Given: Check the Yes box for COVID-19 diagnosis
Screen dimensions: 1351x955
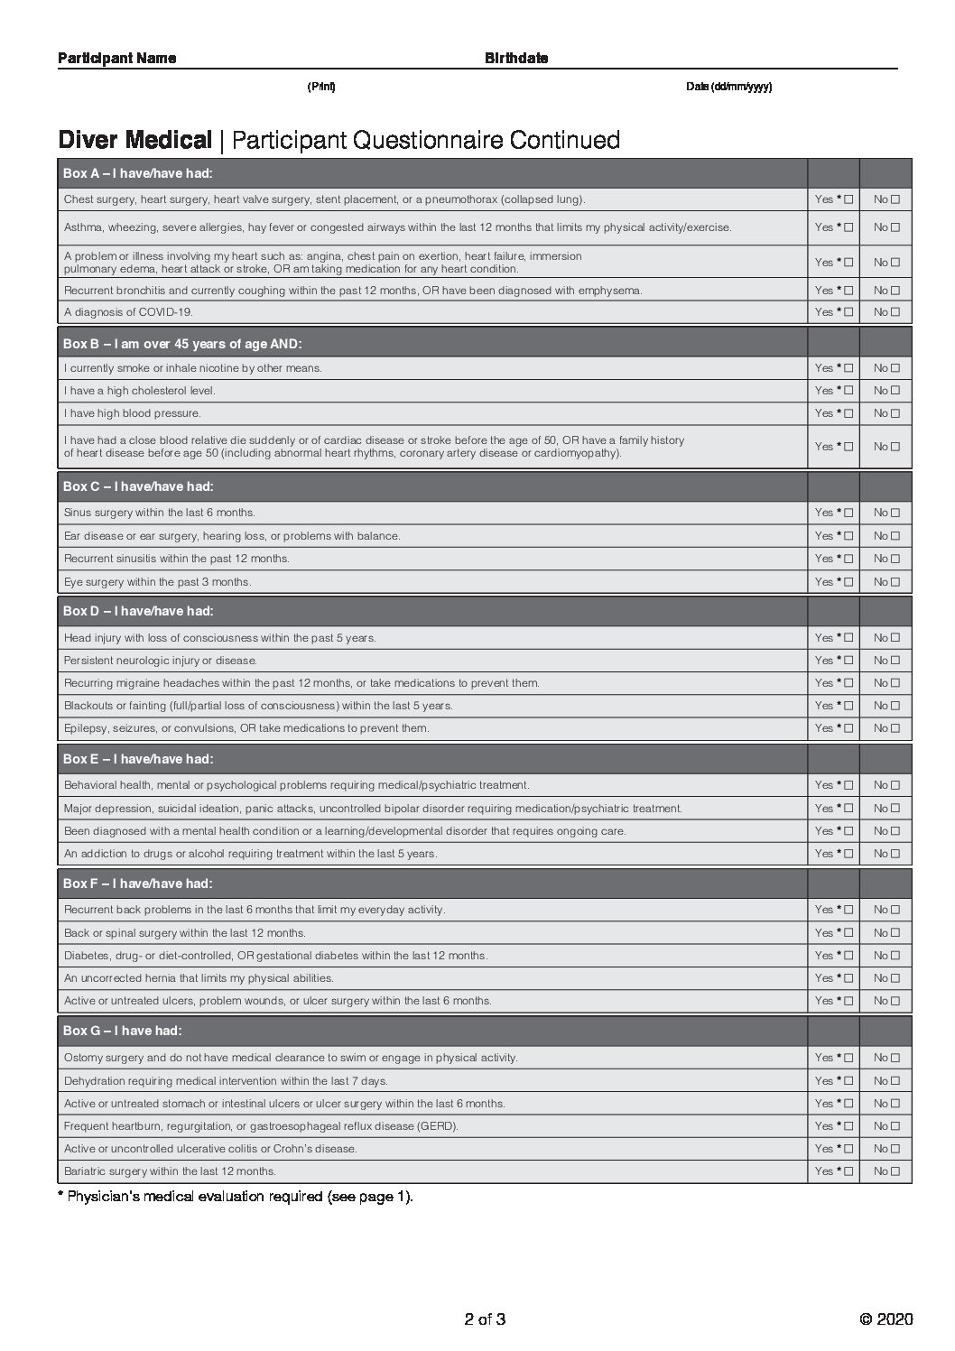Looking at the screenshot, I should [848, 312].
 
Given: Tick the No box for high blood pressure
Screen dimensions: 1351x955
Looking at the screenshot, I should [895, 413].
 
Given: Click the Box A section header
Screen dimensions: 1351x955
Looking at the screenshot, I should [138, 173].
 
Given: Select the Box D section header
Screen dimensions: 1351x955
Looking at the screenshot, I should [138, 611].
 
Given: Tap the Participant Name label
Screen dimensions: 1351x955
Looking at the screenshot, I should [117, 59].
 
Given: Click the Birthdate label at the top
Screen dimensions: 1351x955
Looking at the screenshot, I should [516, 59].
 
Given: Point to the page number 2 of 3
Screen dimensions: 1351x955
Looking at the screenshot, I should [485, 1319].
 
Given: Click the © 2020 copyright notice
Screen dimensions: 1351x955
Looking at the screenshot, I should [886, 1319].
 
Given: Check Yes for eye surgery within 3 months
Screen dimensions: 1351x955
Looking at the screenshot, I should [848, 582].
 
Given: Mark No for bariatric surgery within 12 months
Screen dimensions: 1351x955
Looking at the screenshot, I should [895, 1171].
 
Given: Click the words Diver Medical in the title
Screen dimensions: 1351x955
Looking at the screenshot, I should [134, 140].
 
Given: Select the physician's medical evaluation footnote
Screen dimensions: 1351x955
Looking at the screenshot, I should [236, 1197].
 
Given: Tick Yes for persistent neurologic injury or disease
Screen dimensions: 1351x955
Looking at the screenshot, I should [848, 661].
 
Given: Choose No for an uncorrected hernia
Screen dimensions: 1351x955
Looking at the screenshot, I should [895, 978].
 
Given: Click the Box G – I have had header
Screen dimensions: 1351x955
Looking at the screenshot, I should [123, 1031].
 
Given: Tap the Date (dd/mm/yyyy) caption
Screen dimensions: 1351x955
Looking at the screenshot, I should [728, 87].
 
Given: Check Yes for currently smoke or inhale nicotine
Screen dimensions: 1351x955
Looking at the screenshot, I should [848, 368].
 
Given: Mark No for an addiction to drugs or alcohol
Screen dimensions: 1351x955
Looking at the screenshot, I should [895, 854].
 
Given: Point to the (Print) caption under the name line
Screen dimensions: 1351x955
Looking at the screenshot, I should [321, 87].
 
